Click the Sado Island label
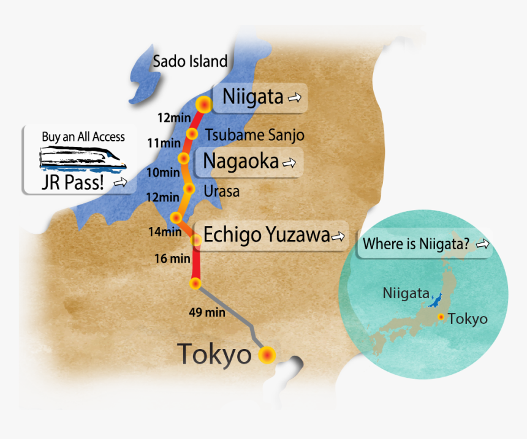point(190,61)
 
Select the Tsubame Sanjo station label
point(254,135)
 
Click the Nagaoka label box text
point(241,162)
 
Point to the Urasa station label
point(222,192)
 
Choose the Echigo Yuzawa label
point(266,235)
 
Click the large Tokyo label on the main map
point(214,355)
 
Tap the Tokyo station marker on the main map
point(267,355)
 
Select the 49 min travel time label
point(207,313)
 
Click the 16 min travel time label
point(172,259)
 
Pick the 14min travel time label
point(165,232)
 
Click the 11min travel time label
point(164,143)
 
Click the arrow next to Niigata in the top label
point(295,97)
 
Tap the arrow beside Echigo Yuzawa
point(338,236)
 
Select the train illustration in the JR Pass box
point(83,157)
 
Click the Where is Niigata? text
point(416,244)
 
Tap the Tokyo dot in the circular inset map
point(441,317)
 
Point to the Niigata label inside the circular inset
point(406,293)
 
